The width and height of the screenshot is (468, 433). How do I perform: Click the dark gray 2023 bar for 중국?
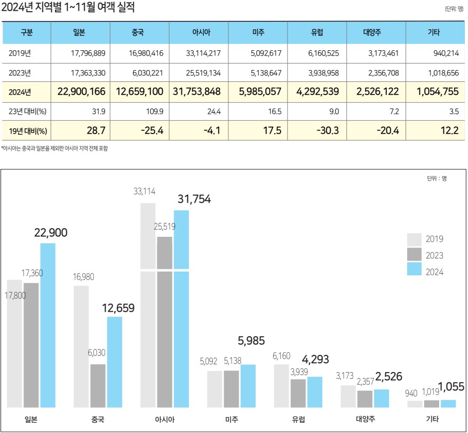point(98,385)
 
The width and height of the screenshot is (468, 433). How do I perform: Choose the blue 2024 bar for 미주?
point(248,385)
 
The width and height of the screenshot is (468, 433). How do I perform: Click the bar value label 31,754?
point(193,199)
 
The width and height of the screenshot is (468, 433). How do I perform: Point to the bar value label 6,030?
point(98,354)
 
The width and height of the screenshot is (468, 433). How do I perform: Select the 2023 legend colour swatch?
point(415,255)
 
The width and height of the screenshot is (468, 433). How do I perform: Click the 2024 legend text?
point(434,272)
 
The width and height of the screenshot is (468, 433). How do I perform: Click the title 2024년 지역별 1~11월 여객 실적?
point(68,7)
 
